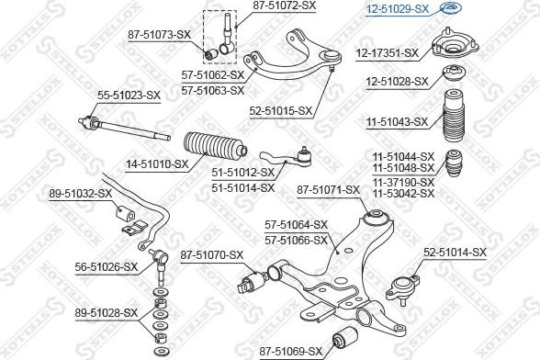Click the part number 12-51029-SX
(x=397, y=9)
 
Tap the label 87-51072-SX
(x=285, y=6)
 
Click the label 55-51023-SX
(x=129, y=96)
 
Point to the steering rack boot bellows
(x=215, y=147)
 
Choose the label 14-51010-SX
(x=157, y=164)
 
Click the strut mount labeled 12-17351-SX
(x=456, y=47)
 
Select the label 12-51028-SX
(x=397, y=82)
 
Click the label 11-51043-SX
(x=397, y=121)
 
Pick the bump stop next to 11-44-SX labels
(x=455, y=163)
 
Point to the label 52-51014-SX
(x=455, y=253)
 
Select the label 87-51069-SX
(x=291, y=352)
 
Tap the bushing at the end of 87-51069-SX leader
(x=344, y=336)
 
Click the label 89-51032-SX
(x=80, y=194)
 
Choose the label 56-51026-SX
(x=107, y=267)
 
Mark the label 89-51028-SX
(x=107, y=313)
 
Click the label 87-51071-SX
(x=328, y=190)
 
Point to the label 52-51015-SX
(x=281, y=111)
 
